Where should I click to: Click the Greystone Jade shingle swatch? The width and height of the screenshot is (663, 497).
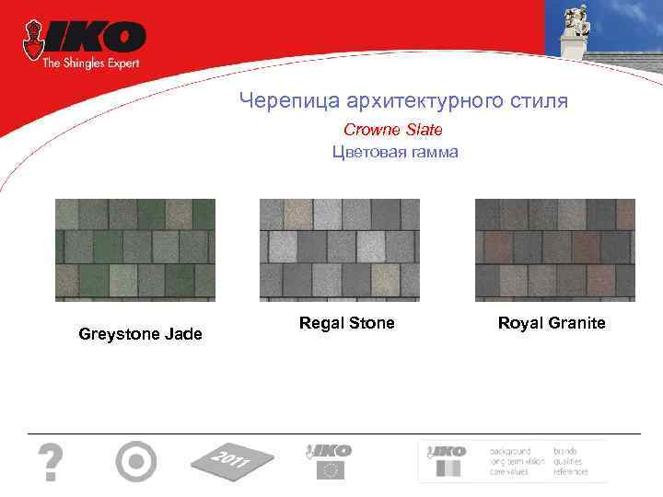coord(135,249)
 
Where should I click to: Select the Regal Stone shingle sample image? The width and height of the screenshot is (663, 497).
coord(340,249)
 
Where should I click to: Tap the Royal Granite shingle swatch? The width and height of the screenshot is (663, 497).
coord(554,249)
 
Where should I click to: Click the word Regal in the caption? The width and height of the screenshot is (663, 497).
coord(321,323)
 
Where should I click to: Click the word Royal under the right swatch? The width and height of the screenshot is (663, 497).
coord(518,323)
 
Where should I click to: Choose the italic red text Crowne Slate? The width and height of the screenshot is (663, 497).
coord(393,130)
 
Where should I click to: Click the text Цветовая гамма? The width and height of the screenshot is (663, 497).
coord(394,152)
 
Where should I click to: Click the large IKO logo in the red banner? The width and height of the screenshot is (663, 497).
coord(93,40)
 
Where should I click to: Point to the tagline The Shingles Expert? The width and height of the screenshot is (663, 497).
coord(90,63)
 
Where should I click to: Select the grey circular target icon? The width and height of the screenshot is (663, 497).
coord(136,460)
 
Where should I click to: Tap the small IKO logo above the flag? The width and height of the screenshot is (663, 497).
coord(329,450)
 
